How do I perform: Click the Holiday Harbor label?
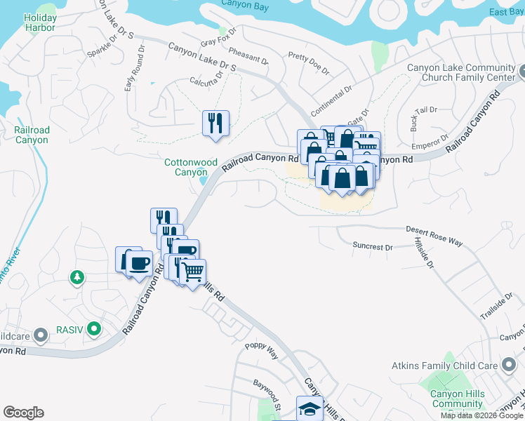coord(39,22)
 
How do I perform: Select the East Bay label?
coord(506,12)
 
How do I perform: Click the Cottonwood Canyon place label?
coord(191,167)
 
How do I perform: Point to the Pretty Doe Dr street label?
coord(308,62)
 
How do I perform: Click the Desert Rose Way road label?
coord(434,235)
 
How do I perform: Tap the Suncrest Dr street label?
coord(373,247)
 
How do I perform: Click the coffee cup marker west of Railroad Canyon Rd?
coord(138,262)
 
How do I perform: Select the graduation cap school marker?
coord(309,408)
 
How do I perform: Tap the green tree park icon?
coord(77,278)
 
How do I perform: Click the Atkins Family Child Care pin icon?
coord(507,364)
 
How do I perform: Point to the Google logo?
coord(23,413)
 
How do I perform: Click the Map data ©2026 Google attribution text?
coord(481,415)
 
